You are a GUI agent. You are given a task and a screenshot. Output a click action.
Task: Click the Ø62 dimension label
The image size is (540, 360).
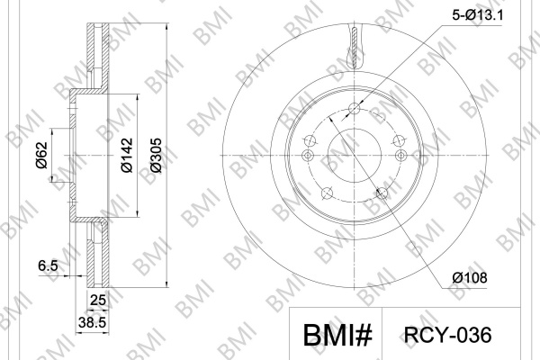tap(41, 155)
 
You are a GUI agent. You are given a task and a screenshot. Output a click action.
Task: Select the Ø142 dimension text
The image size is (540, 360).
tap(127, 155)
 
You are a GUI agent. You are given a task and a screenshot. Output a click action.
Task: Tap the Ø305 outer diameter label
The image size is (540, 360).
tap(156, 155)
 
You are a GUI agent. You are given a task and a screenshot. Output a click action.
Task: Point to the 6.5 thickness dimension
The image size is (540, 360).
tap(48, 266)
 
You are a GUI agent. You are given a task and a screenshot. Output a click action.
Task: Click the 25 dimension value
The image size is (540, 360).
tap(97, 300)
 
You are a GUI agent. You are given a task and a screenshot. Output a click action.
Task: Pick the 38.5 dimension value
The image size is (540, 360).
tap(92, 323)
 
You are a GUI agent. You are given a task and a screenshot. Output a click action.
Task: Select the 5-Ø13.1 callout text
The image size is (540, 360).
tap(477, 15)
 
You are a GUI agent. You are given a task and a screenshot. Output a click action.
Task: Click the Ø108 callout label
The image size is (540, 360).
tap(470, 277)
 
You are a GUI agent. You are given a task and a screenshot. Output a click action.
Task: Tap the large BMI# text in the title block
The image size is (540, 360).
tap(337, 335)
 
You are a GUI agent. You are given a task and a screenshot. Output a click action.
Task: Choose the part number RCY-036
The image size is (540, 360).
tap(447, 335)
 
